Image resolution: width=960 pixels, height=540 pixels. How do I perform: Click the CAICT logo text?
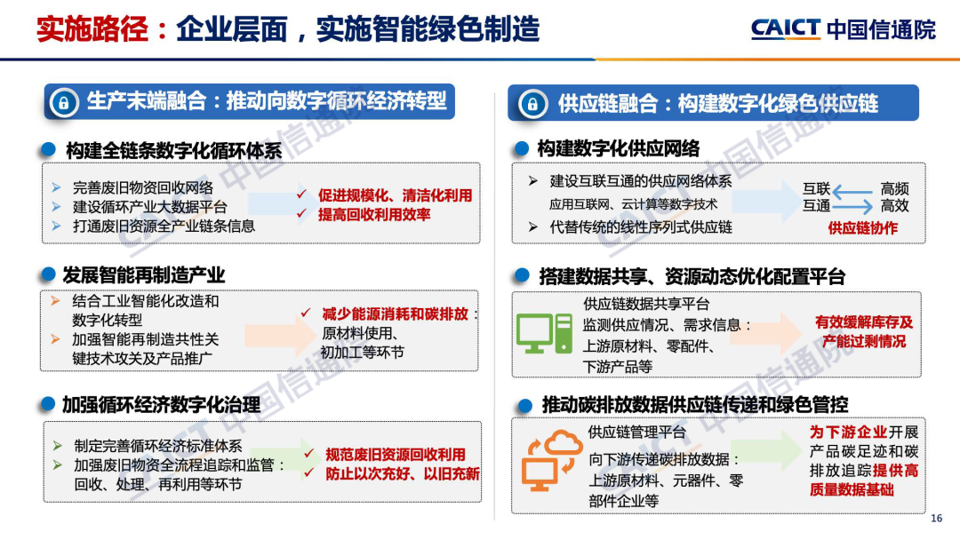[x=785, y=28]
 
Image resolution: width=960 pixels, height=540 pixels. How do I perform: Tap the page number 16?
[x=936, y=519]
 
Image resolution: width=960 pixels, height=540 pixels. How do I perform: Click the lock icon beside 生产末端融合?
[x=64, y=102]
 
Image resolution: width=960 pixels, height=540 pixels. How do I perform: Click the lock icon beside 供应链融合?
[x=532, y=104]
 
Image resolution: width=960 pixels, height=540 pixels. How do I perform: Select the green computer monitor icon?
[x=544, y=333]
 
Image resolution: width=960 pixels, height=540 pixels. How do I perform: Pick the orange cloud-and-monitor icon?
[x=551, y=460]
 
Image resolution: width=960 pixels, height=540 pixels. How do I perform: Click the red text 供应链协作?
[x=862, y=229]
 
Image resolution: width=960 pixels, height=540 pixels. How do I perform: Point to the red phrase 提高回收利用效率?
[x=374, y=215]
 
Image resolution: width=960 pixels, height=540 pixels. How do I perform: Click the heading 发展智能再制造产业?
[x=144, y=275]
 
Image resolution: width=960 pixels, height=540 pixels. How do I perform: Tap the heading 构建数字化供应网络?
[x=619, y=148]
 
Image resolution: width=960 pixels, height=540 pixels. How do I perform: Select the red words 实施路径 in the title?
[x=92, y=29]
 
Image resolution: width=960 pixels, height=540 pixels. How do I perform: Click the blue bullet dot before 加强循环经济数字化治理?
[x=48, y=404]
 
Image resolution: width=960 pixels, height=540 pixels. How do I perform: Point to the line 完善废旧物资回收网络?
[x=143, y=187]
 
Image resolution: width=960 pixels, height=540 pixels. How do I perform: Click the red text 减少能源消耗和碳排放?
[x=395, y=314]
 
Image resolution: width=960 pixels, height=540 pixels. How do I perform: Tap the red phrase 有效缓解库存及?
[x=863, y=322]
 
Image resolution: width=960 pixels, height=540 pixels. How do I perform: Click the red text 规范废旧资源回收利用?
[x=395, y=455]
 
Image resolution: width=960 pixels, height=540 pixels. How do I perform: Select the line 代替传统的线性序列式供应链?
[x=640, y=227]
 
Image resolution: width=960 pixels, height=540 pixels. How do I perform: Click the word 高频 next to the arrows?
[x=894, y=189]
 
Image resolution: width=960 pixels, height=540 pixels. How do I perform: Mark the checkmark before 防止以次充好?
[x=309, y=472]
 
